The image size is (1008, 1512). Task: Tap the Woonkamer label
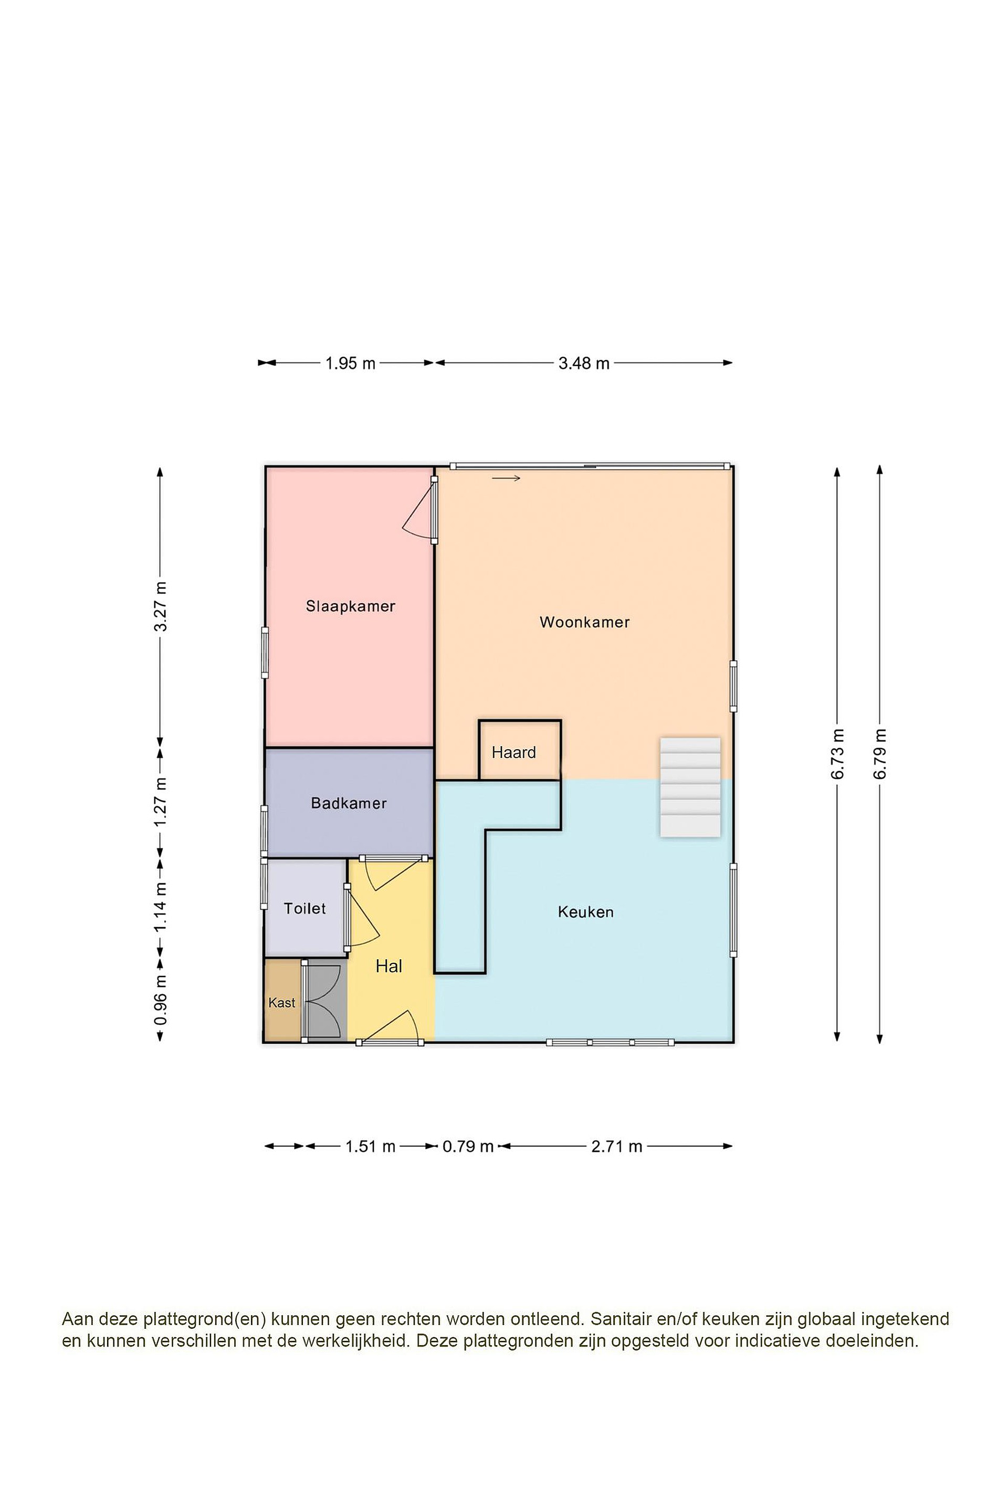(584, 622)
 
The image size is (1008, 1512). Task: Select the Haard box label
(513, 752)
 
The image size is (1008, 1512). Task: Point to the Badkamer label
(349, 803)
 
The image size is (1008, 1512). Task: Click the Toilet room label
(304, 908)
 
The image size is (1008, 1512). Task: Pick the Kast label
(281, 1002)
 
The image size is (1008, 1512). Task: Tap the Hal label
(389, 965)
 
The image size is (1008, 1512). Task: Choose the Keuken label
(586, 911)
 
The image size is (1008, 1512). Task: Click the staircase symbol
(690, 787)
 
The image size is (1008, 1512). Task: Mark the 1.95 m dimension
(350, 363)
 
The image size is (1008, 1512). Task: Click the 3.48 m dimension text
(584, 363)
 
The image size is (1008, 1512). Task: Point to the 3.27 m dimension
(161, 606)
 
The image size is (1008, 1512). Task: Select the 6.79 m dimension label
(879, 754)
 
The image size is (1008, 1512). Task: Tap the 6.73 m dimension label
(837, 754)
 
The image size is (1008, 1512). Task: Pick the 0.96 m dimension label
(161, 1000)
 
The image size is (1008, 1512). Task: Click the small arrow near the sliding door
(506, 478)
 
